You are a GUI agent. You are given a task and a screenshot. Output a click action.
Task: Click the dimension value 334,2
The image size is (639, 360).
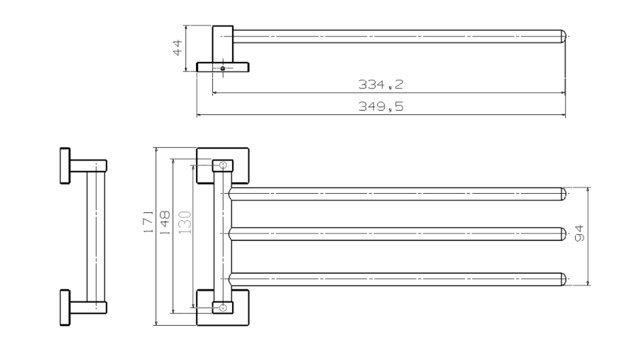point(381,84)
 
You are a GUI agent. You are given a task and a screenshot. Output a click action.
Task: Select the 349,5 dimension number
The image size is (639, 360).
point(381,107)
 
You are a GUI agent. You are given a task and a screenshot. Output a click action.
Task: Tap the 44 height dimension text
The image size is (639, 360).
point(177,48)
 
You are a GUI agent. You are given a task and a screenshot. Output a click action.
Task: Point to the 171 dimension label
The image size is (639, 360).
point(148,222)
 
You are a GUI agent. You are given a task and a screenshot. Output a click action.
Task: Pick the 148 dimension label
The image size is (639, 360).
point(164,222)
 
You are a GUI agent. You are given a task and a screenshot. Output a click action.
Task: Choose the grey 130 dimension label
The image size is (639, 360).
point(185,222)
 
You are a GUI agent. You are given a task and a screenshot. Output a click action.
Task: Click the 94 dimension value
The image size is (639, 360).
point(579,233)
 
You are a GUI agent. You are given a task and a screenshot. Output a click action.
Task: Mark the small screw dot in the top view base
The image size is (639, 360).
point(223,68)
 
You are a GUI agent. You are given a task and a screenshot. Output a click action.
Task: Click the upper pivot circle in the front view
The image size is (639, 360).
point(223,165)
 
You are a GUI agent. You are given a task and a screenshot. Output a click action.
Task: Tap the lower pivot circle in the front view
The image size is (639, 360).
point(223,307)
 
